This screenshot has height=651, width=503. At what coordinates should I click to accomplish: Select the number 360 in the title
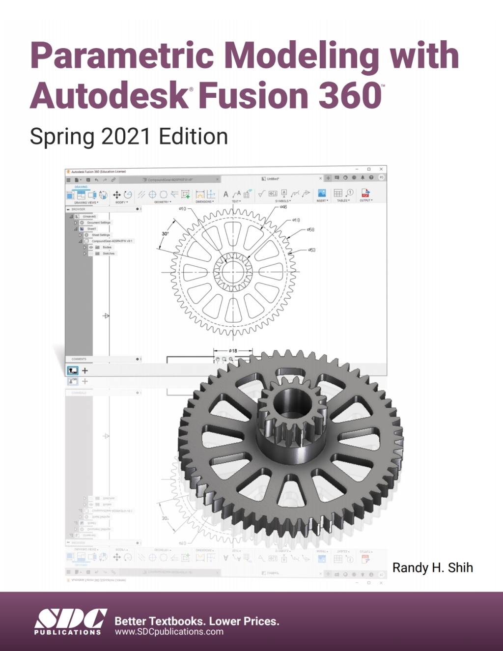(350, 95)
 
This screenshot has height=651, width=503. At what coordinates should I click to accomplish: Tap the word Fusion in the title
(254, 95)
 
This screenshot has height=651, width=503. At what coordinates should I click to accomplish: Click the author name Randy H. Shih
(432, 568)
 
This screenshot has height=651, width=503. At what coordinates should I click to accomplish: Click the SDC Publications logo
(70, 621)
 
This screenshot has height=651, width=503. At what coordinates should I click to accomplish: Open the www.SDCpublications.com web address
(169, 632)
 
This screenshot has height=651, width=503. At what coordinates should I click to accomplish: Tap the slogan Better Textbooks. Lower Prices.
(196, 621)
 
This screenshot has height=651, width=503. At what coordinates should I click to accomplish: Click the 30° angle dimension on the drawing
(166, 234)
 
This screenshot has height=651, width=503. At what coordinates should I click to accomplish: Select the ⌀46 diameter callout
(283, 207)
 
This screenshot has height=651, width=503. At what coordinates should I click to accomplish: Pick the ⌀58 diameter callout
(310, 229)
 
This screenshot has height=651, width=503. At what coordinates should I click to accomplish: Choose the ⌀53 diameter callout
(312, 250)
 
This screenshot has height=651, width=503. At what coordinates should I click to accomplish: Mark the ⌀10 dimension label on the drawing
(182, 209)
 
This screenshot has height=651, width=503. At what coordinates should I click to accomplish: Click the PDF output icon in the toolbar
(365, 193)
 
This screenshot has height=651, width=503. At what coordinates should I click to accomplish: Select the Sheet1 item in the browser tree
(91, 229)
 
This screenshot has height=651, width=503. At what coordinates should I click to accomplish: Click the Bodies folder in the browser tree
(107, 247)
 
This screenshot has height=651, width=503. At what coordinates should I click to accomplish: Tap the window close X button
(381, 169)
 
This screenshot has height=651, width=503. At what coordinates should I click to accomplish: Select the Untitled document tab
(272, 179)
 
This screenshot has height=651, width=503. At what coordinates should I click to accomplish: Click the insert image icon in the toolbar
(322, 193)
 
